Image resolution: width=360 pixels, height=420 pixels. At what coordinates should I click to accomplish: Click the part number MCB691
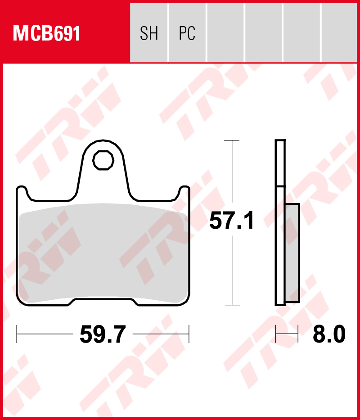[47, 34]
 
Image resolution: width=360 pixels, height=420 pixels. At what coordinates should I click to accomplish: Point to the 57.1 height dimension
[232, 221]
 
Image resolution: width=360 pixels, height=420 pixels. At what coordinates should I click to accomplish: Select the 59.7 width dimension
[103, 334]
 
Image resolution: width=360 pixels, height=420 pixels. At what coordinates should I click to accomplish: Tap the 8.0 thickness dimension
[329, 334]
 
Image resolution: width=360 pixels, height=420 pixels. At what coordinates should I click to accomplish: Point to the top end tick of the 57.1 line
[232, 140]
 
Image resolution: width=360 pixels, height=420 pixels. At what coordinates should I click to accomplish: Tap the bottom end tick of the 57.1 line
[232, 305]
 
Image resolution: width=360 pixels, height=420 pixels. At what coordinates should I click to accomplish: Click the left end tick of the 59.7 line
[17, 334]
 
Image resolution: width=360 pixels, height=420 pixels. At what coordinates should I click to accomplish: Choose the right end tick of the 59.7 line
[189, 334]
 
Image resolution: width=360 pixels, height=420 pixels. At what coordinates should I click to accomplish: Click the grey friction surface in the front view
[103, 252]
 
